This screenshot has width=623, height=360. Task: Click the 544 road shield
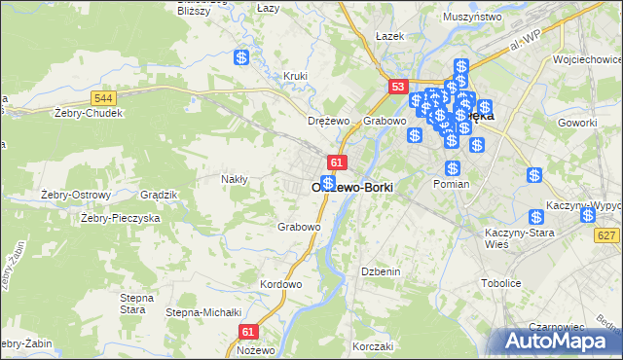tap(103, 98)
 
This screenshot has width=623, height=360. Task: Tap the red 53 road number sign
tap(397, 87)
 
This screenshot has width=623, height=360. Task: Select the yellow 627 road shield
tap(608, 234)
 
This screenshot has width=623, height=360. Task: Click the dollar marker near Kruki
tap(241, 57)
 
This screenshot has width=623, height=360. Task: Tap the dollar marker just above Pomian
tap(452, 168)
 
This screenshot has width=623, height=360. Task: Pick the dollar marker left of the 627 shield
tap(536, 219)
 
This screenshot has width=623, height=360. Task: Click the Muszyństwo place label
tap(471, 17)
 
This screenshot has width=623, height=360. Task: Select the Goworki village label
tap(577, 123)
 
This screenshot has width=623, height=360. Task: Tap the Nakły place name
tap(235, 179)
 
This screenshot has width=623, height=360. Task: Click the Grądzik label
tap(158, 195)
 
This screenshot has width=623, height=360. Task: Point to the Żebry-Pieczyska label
tap(120, 218)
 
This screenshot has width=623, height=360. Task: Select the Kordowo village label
tap(280, 284)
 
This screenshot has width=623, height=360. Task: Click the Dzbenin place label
tap(381, 271)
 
